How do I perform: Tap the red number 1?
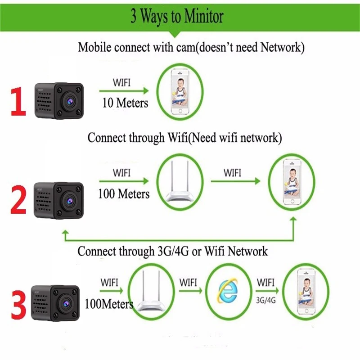[18, 101]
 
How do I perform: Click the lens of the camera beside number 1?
[70, 100]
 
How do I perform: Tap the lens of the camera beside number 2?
[70, 201]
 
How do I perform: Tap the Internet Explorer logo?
[228, 291]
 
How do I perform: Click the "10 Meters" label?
[125, 103]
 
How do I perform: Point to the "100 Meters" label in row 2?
[124, 194]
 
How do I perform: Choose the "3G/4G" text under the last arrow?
[266, 300]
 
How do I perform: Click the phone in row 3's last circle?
[306, 292]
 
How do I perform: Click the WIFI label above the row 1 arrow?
[121, 83]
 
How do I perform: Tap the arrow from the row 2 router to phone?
[235, 181]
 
